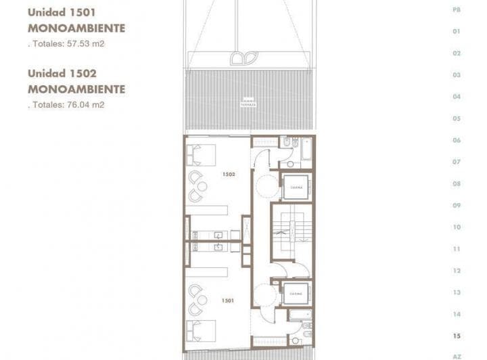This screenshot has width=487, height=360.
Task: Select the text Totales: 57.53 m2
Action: click(x=67, y=43)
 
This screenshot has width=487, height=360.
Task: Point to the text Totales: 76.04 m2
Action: click(x=67, y=105)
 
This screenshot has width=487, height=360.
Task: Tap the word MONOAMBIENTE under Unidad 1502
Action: click(x=76, y=89)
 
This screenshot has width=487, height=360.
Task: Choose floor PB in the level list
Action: click(x=457, y=10)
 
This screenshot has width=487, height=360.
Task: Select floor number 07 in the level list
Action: click(x=457, y=162)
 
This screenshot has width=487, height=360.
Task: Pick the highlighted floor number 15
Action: click(x=457, y=336)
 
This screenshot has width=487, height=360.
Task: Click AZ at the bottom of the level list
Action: click(x=457, y=356)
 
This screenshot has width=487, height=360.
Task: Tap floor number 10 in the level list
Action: click(x=457, y=227)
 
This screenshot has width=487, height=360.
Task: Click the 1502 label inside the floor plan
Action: click(x=229, y=174)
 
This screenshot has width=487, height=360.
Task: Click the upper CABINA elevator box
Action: click(x=296, y=187)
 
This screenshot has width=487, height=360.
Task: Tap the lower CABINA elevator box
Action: click(x=296, y=294)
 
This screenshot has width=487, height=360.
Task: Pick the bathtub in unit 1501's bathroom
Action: click(x=299, y=315)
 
